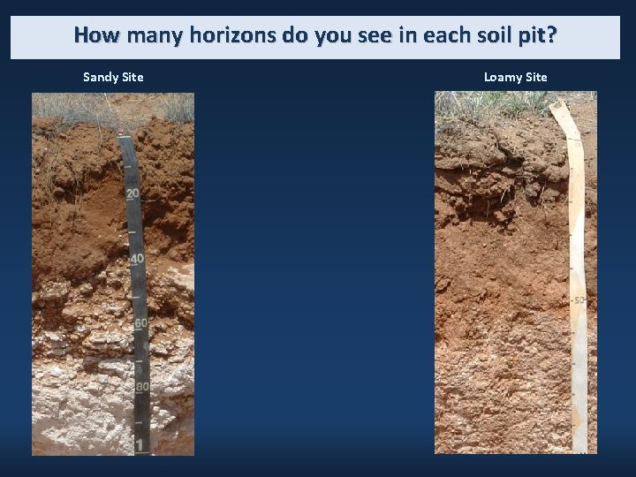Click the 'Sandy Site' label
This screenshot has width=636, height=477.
pyautogui.click(x=113, y=77)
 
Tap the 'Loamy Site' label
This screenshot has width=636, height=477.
pyautogui.click(x=515, y=77)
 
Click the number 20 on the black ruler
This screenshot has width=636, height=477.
pyautogui.click(x=132, y=193)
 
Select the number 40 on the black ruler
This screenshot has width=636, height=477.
pyautogui.click(x=137, y=259)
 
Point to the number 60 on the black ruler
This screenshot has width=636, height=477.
pyautogui.click(x=140, y=323)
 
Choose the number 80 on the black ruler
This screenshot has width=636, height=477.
pyautogui.click(x=141, y=387)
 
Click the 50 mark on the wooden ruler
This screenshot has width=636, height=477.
pyautogui.click(x=579, y=301)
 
